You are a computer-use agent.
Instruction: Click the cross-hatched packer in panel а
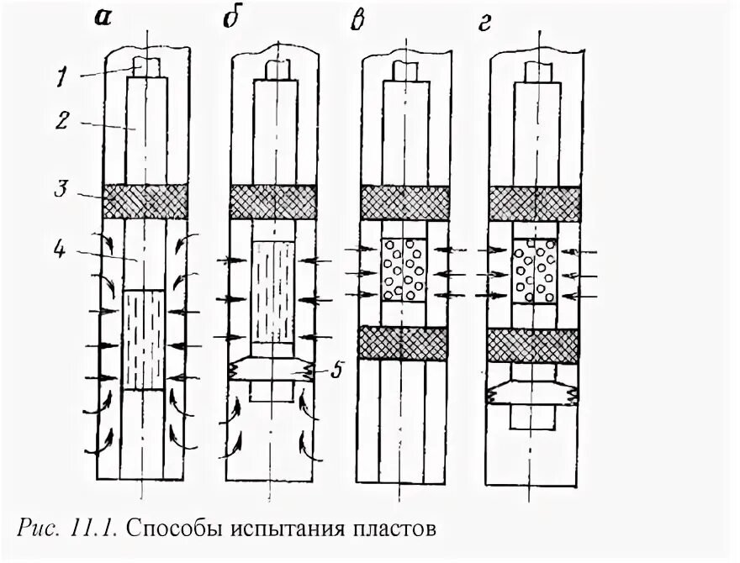[x=144, y=202]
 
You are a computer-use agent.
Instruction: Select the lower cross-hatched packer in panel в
[x=403, y=343]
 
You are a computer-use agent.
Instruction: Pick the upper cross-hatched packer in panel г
[x=533, y=202]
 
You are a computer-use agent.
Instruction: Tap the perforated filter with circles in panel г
[x=533, y=270]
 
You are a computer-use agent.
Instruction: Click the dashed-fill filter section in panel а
[x=144, y=339]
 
